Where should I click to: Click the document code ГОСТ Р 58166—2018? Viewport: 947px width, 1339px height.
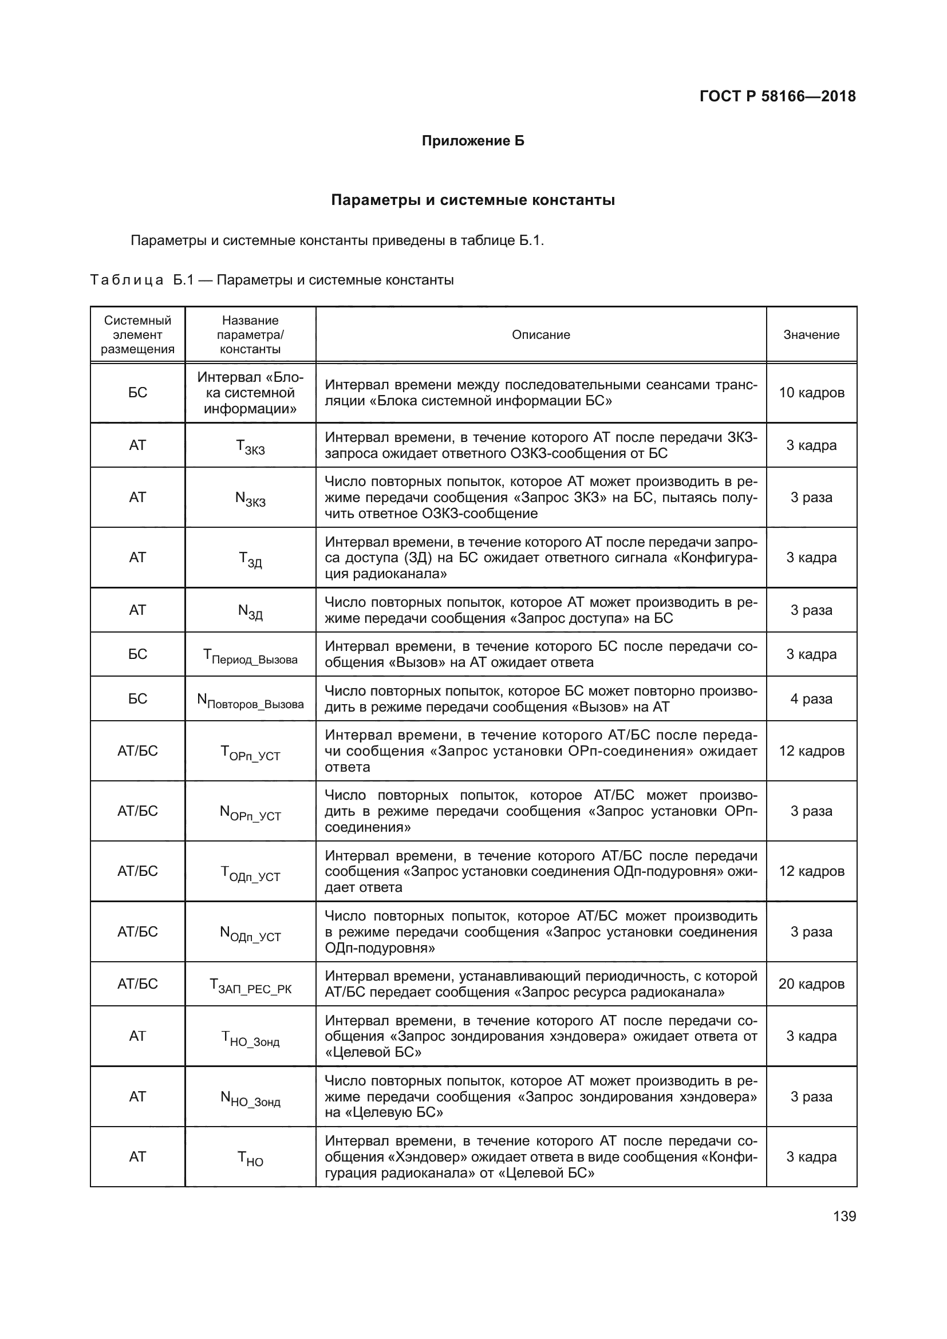pos(778,96)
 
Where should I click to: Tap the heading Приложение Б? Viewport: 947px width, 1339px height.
pos(473,141)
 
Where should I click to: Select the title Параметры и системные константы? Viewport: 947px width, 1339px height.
pos(473,200)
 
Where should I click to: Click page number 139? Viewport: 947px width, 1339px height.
pos(845,1216)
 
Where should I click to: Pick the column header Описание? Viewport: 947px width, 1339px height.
pos(540,335)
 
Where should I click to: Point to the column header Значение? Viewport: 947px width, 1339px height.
pos(811,335)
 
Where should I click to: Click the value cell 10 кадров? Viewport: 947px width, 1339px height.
pos(811,393)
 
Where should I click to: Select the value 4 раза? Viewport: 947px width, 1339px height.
pos(811,698)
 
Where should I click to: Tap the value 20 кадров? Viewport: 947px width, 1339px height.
pos(811,984)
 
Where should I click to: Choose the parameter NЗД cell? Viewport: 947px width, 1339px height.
pos(250,611)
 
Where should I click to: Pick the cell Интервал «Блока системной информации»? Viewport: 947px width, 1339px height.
pos(250,393)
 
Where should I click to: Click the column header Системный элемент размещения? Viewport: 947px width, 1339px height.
pos(137,335)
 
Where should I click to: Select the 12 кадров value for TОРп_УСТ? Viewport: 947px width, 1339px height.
pos(811,751)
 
